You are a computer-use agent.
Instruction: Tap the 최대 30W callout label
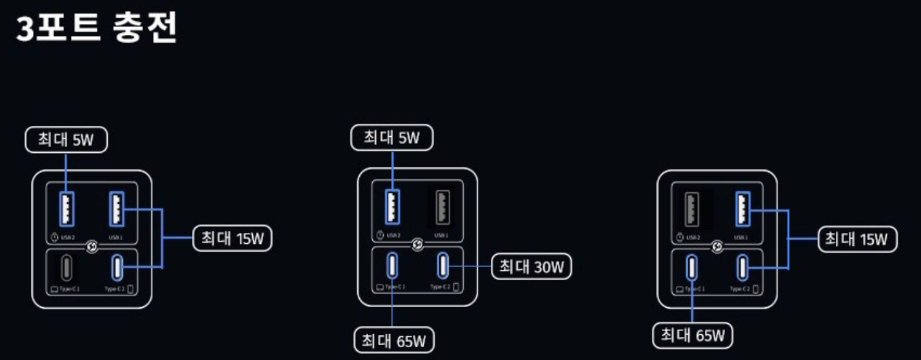pyautogui.click(x=531, y=266)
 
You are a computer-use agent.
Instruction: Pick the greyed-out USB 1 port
pyautogui.click(x=442, y=207)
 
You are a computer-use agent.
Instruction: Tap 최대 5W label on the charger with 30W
pyautogui.click(x=391, y=137)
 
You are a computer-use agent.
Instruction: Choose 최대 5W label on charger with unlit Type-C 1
pyautogui.click(x=66, y=140)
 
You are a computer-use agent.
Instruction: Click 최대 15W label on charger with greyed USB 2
pyautogui.click(x=857, y=239)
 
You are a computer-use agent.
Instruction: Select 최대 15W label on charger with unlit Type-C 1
pyautogui.click(x=233, y=239)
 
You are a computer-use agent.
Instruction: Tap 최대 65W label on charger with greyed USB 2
pyautogui.click(x=693, y=335)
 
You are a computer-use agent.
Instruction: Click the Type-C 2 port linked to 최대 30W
pyautogui.click(x=442, y=265)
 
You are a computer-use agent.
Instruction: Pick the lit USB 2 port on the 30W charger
pyautogui.click(x=391, y=207)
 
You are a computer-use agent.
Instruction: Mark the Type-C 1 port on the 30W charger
pyautogui.click(x=392, y=265)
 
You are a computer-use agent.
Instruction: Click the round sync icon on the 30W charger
pyautogui.click(x=417, y=245)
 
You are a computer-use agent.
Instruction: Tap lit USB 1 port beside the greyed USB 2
pyautogui.click(x=743, y=208)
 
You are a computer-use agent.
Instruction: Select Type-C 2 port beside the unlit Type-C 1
pyautogui.click(x=117, y=265)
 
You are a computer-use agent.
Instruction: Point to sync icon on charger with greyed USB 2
pyautogui.click(x=717, y=246)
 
